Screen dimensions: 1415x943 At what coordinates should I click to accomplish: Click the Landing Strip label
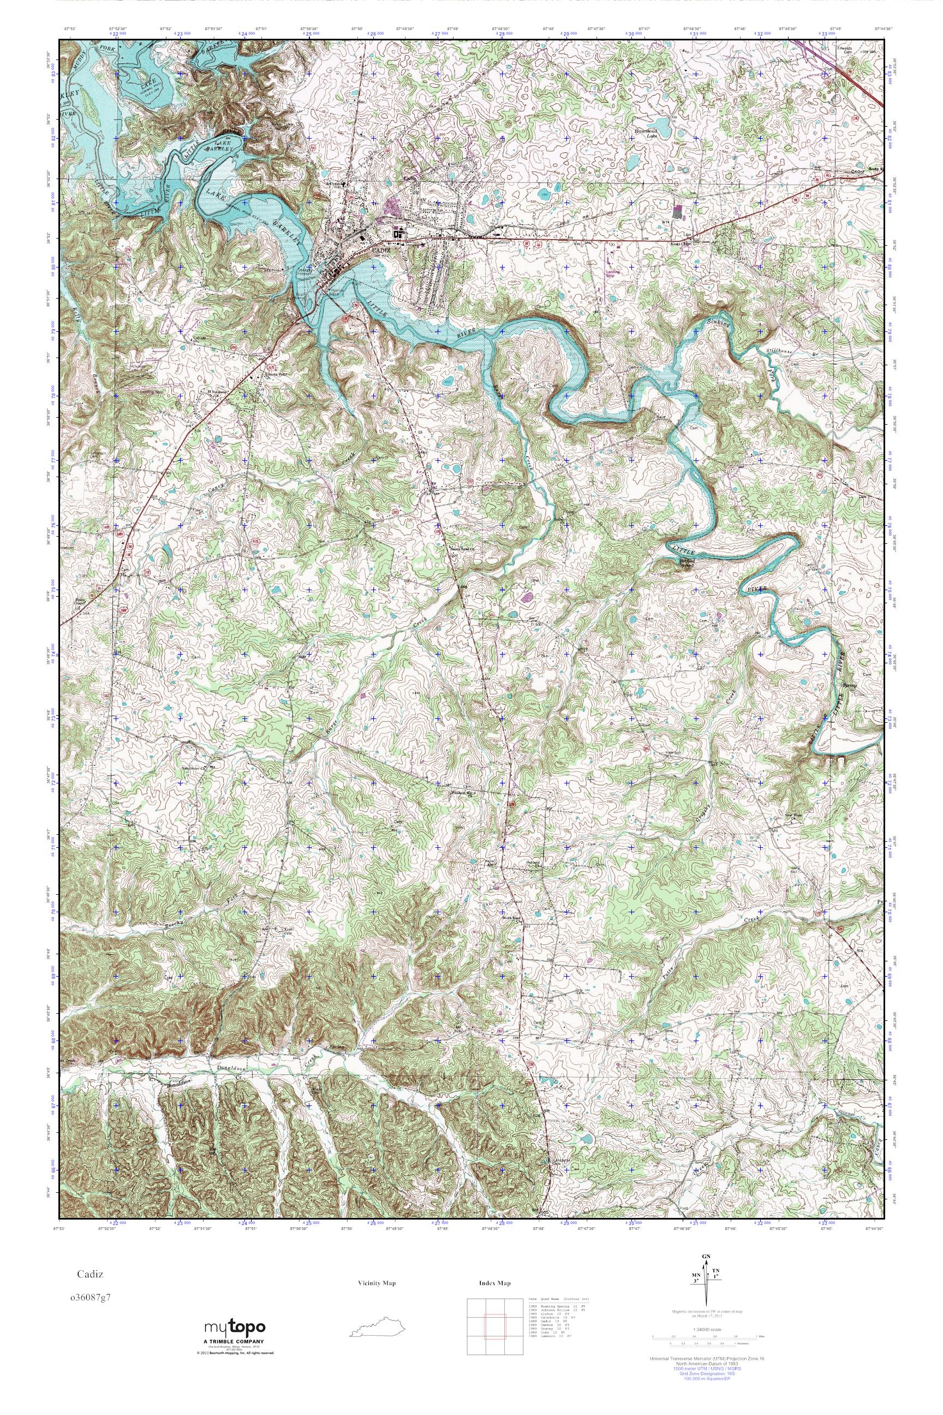[613, 274]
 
